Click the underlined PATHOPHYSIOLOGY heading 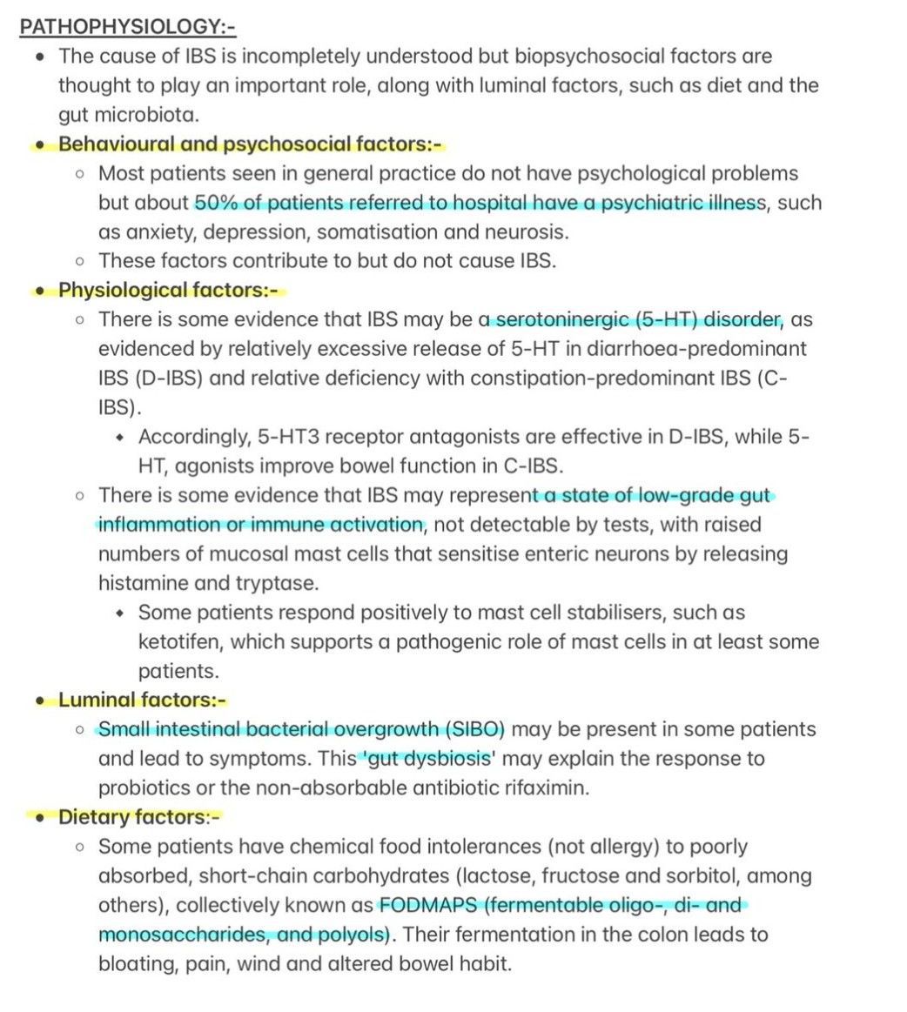coord(127,27)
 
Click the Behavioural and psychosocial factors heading coord(253,144)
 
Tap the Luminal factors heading coord(143,700)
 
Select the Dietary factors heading coord(140,817)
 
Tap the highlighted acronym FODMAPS coord(427,905)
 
